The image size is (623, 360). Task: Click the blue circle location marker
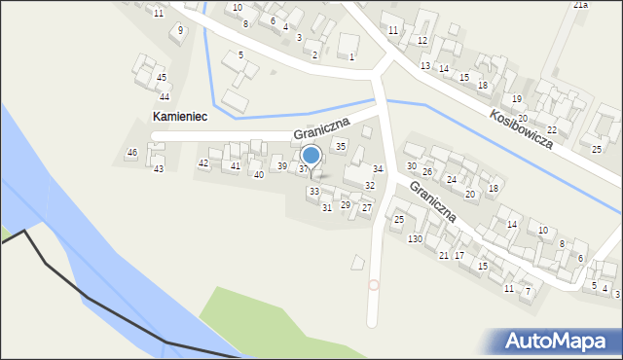pos(311,155)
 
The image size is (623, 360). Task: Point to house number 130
pos(415,239)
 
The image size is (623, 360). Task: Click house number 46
pos(132,153)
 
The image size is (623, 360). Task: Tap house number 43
pos(158,169)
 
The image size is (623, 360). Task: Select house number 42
pos(202,162)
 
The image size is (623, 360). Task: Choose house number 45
pos(162,77)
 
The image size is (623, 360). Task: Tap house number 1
pos(351,57)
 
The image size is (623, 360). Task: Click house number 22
pos(552,129)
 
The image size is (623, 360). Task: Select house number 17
pos(458,255)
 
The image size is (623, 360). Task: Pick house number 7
pos(528,291)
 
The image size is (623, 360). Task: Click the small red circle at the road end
pos(374,284)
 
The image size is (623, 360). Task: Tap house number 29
pos(345,205)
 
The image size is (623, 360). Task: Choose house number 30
pos(411,166)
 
